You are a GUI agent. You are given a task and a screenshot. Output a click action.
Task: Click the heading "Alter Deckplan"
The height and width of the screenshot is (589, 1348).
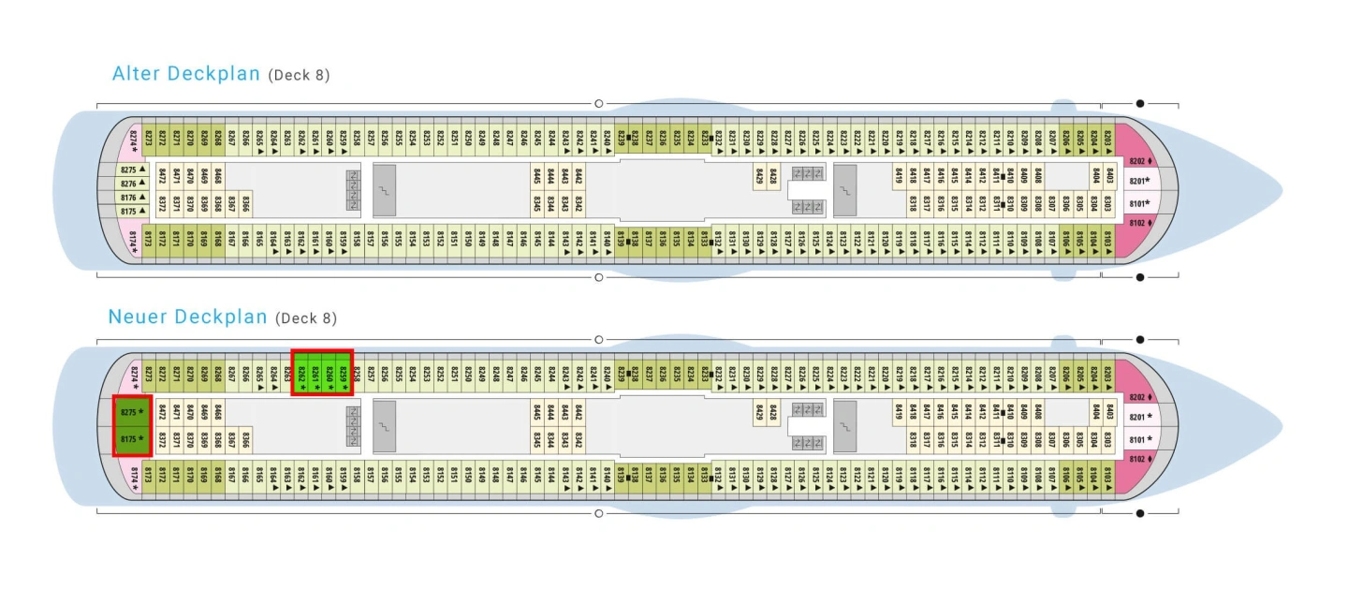coord(185,74)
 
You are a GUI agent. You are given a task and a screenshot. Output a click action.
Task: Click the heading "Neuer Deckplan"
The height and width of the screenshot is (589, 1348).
coord(188,317)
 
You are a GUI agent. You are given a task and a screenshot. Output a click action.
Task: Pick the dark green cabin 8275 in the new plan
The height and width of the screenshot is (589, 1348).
coord(132,412)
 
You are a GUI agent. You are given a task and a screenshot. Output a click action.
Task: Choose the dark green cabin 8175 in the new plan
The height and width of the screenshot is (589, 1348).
coord(132,439)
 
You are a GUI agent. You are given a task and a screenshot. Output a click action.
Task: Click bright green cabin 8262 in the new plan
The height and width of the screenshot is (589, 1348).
coord(301,373)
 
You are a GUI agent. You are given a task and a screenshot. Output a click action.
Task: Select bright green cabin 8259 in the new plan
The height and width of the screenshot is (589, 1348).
coord(344,373)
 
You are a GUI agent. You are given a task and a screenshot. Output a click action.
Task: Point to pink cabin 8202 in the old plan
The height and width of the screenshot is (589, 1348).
coord(1138,160)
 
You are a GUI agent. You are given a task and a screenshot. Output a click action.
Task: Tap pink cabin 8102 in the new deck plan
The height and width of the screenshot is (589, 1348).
coord(1138,459)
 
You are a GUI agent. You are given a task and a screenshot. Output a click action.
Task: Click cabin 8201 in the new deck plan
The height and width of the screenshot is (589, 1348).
coord(1138,417)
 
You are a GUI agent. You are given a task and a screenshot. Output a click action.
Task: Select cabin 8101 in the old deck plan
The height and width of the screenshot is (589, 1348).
coord(1138,203)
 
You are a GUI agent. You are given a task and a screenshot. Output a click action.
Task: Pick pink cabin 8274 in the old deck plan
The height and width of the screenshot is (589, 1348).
coord(134,138)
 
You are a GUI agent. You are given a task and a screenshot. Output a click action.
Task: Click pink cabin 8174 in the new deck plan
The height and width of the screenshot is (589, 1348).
coord(134,477)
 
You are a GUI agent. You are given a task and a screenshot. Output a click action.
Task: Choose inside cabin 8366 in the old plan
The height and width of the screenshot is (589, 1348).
coord(245,204)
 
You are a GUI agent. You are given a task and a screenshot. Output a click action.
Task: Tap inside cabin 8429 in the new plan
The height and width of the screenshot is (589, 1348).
coord(759,411)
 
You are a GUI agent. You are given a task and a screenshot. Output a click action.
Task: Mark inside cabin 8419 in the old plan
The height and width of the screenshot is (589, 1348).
coord(899,174)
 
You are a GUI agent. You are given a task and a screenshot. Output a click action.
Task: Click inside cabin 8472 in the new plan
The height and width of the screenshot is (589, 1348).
coord(162,411)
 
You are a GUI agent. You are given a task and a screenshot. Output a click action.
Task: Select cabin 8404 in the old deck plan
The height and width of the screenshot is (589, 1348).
coord(1095,174)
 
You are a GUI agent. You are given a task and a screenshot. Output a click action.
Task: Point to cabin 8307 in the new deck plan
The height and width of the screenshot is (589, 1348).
coord(1052,440)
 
